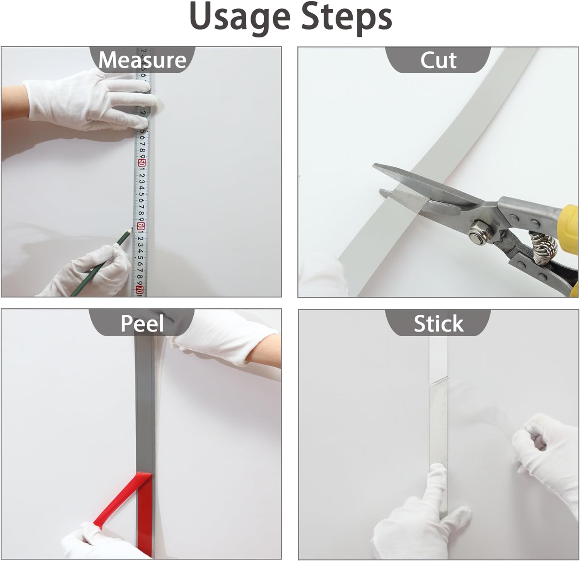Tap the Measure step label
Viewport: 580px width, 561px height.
tap(142, 60)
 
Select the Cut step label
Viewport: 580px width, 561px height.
tap(438, 60)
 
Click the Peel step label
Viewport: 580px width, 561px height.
tap(142, 323)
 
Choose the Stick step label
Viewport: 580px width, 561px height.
tap(438, 323)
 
